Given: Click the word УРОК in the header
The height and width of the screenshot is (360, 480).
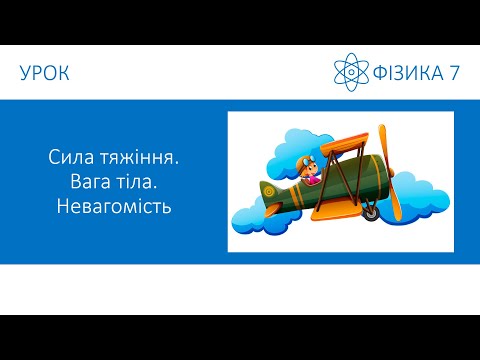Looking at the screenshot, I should coord(45,72).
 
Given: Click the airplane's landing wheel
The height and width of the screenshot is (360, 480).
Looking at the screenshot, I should coord(370,213).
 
